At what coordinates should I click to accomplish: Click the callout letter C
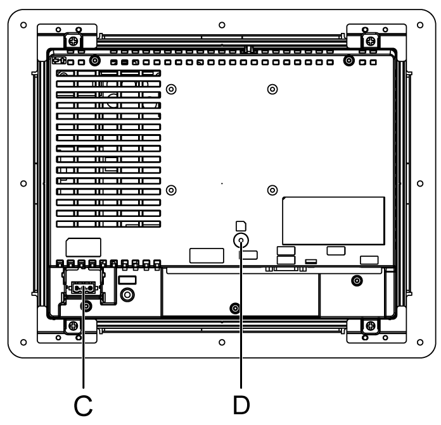pyautogui.click(x=83, y=405)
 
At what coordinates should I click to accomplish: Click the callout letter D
pyautogui.click(x=241, y=405)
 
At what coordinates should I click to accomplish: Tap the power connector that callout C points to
pyautogui.click(x=83, y=288)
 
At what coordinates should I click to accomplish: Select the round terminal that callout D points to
pyautogui.click(x=241, y=240)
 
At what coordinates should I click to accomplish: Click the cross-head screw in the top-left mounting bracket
pyautogui.click(x=73, y=42)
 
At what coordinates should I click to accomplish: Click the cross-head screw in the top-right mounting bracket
pyautogui.click(x=371, y=42)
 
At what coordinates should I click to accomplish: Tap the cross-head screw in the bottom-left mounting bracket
pyautogui.click(x=73, y=326)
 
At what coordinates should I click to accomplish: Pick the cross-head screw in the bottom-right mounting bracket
pyautogui.click(x=371, y=326)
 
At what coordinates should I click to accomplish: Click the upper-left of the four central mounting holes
pyautogui.click(x=171, y=89)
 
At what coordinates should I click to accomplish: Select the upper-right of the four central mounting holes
pyautogui.click(x=272, y=89)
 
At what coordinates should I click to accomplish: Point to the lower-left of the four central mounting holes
pyautogui.click(x=171, y=190)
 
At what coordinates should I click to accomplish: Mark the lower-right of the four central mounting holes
pyautogui.click(x=272, y=190)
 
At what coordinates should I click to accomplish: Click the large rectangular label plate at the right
pyautogui.click(x=333, y=221)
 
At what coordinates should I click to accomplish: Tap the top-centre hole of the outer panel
pyautogui.click(x=222, y=25)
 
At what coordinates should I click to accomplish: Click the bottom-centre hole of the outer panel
pyautogui.click(x=222, y=342)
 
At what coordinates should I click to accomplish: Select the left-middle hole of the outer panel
pyautogui.click(x=23, y=183)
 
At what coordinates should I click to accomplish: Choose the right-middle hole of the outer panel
pyautogui.click(x=420, y=183)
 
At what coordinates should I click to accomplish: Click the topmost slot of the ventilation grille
pyautogui.click(x=108, y=73)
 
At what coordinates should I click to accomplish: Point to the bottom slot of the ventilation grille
pyautogui.click(x=108, y=224)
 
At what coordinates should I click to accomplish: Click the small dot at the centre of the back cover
pyautogui.click(x=222, y=183)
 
